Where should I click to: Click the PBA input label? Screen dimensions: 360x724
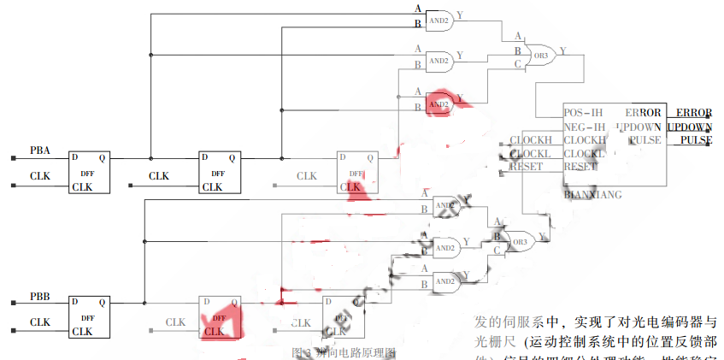pos(40,150)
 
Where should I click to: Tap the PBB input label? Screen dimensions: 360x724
pos(40,296)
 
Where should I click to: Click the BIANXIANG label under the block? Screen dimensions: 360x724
pos(592,194)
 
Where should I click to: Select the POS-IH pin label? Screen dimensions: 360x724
pos(584,113)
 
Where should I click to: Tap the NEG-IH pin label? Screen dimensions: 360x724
pos(584,127)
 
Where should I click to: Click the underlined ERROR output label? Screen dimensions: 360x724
pos(693,113)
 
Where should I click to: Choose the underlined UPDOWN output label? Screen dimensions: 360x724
pos(690,127)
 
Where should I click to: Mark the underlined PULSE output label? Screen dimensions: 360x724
pos(696,140)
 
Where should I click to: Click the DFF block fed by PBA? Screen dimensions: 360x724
pos(89,172)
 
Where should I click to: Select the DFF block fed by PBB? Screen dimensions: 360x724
pos(89,316)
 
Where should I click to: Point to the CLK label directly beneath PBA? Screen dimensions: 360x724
pos(40,176)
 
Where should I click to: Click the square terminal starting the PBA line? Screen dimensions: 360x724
pos(14,158)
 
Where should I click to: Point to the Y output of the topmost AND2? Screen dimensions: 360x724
pos(461,15)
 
